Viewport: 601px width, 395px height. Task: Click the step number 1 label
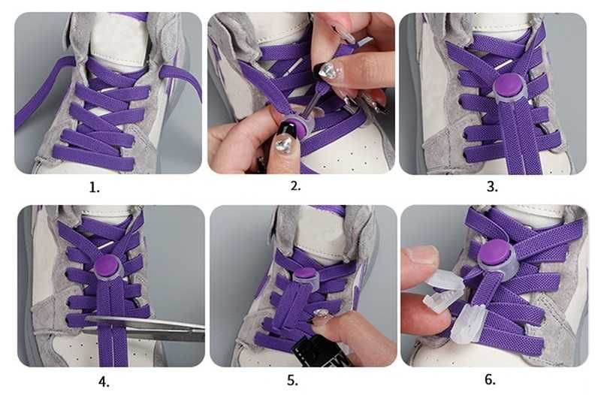(95, 188)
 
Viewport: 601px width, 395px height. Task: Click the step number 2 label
(295, 185)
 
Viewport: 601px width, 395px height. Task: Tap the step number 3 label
(492, 186)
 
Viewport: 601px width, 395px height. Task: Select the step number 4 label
(104, 381)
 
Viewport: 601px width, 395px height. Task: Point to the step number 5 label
(292, 381)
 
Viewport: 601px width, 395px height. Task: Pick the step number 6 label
(490, 379)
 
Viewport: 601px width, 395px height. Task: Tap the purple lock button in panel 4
(107, 265)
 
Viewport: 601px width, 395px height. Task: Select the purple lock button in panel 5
(306, 273)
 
